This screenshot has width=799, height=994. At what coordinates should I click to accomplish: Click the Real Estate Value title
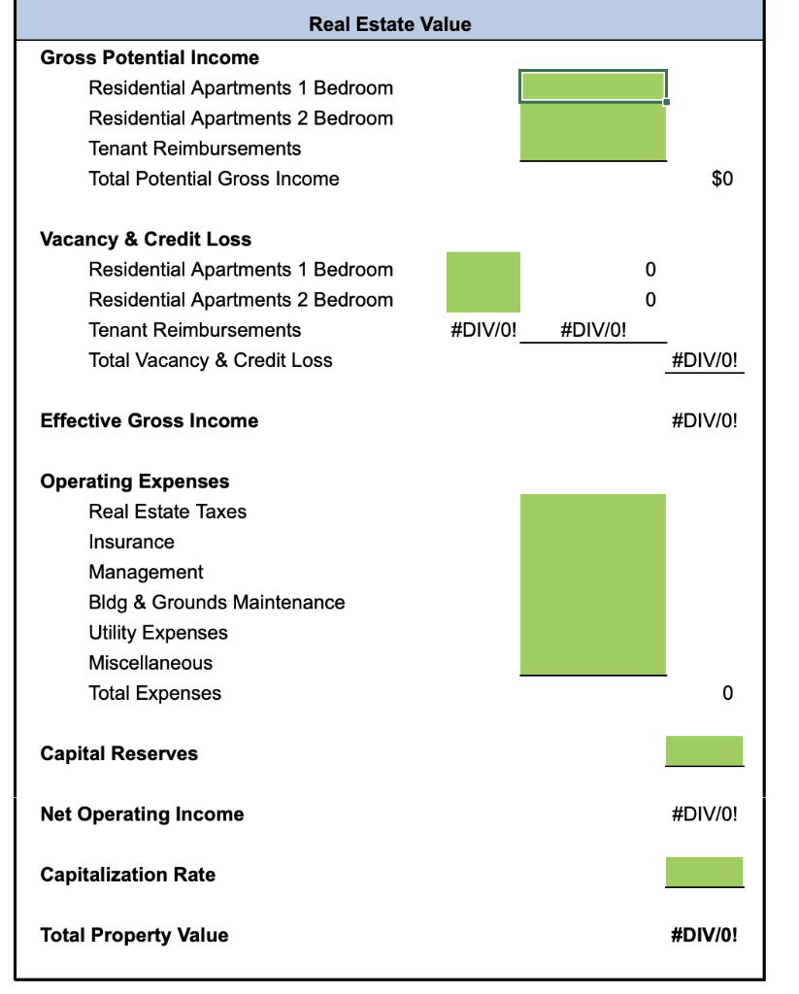coord(389,24)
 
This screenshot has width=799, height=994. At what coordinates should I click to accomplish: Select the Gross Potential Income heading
coord(150,57)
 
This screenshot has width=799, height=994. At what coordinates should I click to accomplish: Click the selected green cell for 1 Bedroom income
coord(593,86)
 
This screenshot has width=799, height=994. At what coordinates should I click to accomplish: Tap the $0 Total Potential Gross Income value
coord(721,179)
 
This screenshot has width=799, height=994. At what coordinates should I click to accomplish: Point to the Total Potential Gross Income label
coord(214,179)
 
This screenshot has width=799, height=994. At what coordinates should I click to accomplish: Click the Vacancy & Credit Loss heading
coord(146,239)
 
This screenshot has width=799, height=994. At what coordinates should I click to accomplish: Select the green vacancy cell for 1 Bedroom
coord(483,268)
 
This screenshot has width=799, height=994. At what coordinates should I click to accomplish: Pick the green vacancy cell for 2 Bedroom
coord(483,298)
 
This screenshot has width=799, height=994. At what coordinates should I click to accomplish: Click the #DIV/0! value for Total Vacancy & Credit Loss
coord(704,360)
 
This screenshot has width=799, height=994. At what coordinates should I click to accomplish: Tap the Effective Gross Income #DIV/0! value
coord(704,421)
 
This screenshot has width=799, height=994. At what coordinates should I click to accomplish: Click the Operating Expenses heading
coord(135,481)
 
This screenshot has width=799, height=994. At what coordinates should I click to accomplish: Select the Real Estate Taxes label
coord(167,512)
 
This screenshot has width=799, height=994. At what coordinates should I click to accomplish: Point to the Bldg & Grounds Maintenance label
coord(216,602)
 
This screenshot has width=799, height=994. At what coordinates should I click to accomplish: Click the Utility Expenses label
coord(158,633)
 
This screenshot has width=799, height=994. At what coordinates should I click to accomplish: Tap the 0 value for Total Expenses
coord(727,693)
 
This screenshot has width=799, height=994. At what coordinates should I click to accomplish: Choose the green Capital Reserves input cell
coord(704,750)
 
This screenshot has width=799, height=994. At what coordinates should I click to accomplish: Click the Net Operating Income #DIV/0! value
coord(704,814)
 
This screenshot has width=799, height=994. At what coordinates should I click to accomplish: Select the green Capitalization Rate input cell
coord(704,872)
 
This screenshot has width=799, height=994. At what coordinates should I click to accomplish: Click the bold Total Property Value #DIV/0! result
coord(704,936)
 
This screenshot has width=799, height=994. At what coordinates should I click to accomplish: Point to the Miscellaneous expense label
coord(150,663)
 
